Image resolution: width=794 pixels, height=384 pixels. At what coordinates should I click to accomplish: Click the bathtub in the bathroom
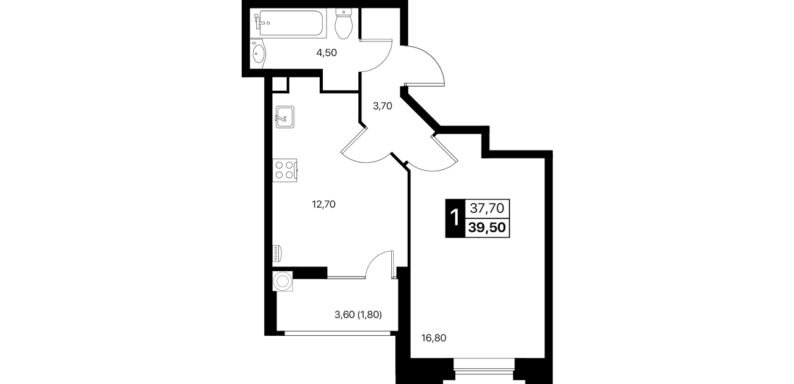(288, 23)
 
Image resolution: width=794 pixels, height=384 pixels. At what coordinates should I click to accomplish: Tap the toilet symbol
(343, 24)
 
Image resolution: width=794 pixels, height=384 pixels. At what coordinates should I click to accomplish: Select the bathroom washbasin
(258, 54)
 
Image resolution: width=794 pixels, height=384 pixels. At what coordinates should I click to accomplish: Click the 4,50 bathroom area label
(327, 53)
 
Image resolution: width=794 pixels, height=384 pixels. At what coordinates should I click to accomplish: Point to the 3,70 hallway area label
(383, 106)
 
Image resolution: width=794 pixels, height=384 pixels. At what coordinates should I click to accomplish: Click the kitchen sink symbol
(284, 117)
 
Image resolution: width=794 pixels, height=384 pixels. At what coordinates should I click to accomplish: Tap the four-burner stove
(284, 170)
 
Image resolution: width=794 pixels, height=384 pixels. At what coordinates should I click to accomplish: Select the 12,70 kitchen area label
(323, 204)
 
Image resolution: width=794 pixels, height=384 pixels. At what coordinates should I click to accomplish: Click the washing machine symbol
(283, 282)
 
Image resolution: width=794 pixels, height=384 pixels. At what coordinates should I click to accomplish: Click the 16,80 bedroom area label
(433, 338)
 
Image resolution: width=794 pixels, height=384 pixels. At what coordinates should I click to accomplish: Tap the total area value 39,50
(487, 227)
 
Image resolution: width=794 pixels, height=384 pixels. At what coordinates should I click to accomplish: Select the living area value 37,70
(487, 208)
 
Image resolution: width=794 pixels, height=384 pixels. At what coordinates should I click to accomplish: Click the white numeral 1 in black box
(454, 218)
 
